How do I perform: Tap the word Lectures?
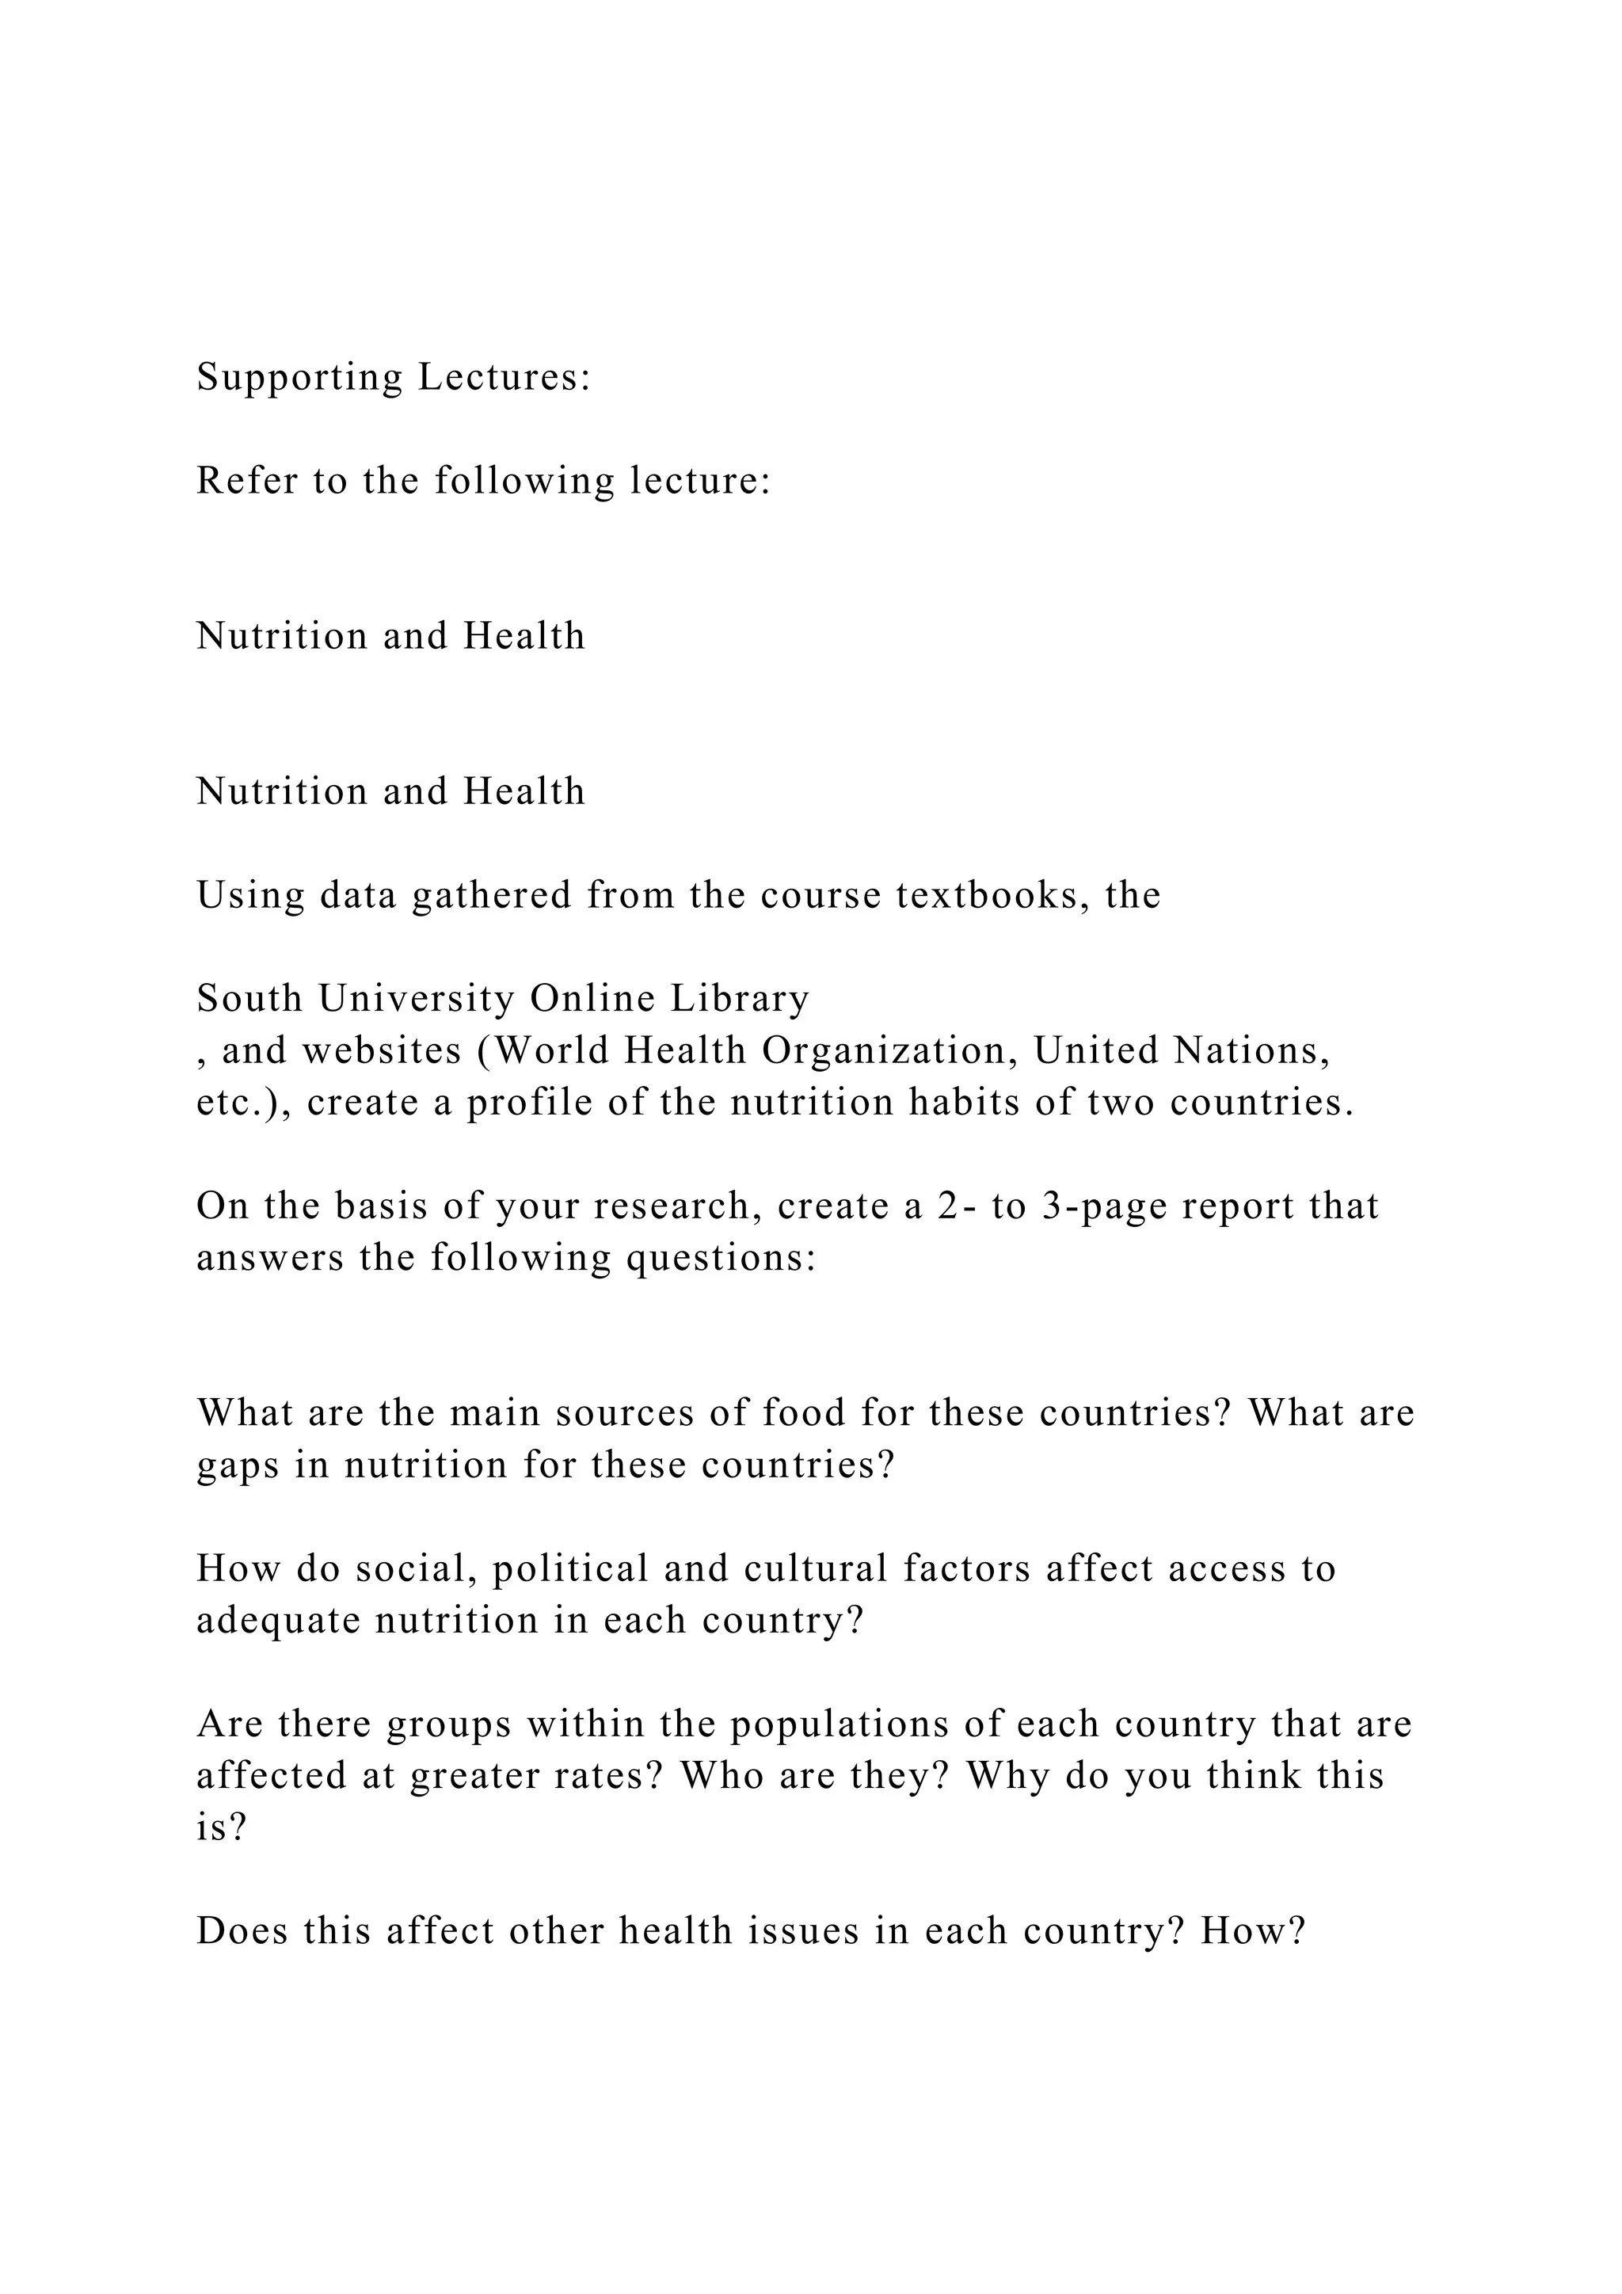tap(504, 378)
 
